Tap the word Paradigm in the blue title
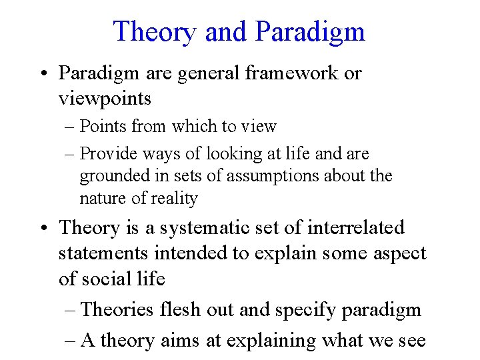point(310,33)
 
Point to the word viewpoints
point(105,99)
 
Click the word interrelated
point(356,227)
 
